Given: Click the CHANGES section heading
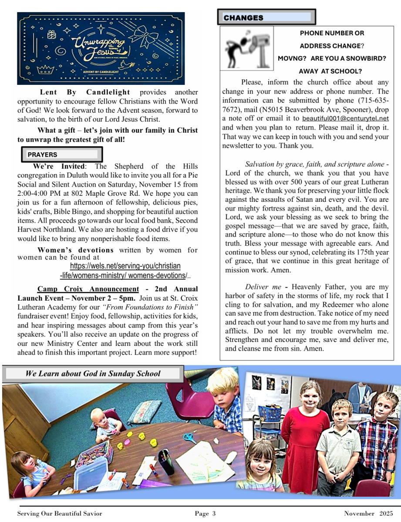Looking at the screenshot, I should point(244,18).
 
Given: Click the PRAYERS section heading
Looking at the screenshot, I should point(43,154).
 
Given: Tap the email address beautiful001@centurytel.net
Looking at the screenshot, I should point(345,118).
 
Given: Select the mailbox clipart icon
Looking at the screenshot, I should point(247,48).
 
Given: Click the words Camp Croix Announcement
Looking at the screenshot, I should point(88,289).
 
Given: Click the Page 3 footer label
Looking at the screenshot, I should point(205,514).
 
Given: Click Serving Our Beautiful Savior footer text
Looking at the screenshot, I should point(60,514).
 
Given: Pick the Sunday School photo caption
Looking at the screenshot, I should point(93,374).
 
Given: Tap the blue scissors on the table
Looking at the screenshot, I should point(190,438).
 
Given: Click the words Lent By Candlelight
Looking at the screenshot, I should point(85,92).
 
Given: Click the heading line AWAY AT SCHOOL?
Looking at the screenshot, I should point(330,71).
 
